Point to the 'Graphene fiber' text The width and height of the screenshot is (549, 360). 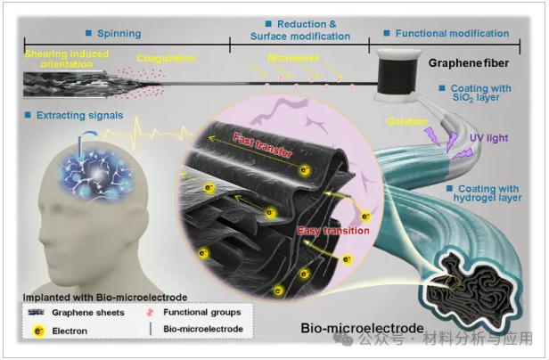(x=469, y=63)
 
